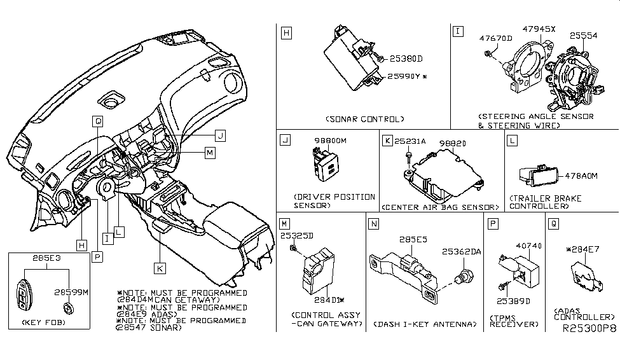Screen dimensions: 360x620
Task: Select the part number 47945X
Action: point(540,29)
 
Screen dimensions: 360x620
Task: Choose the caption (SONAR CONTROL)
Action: point(364,119)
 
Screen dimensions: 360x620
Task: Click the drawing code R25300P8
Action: point(589,331)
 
